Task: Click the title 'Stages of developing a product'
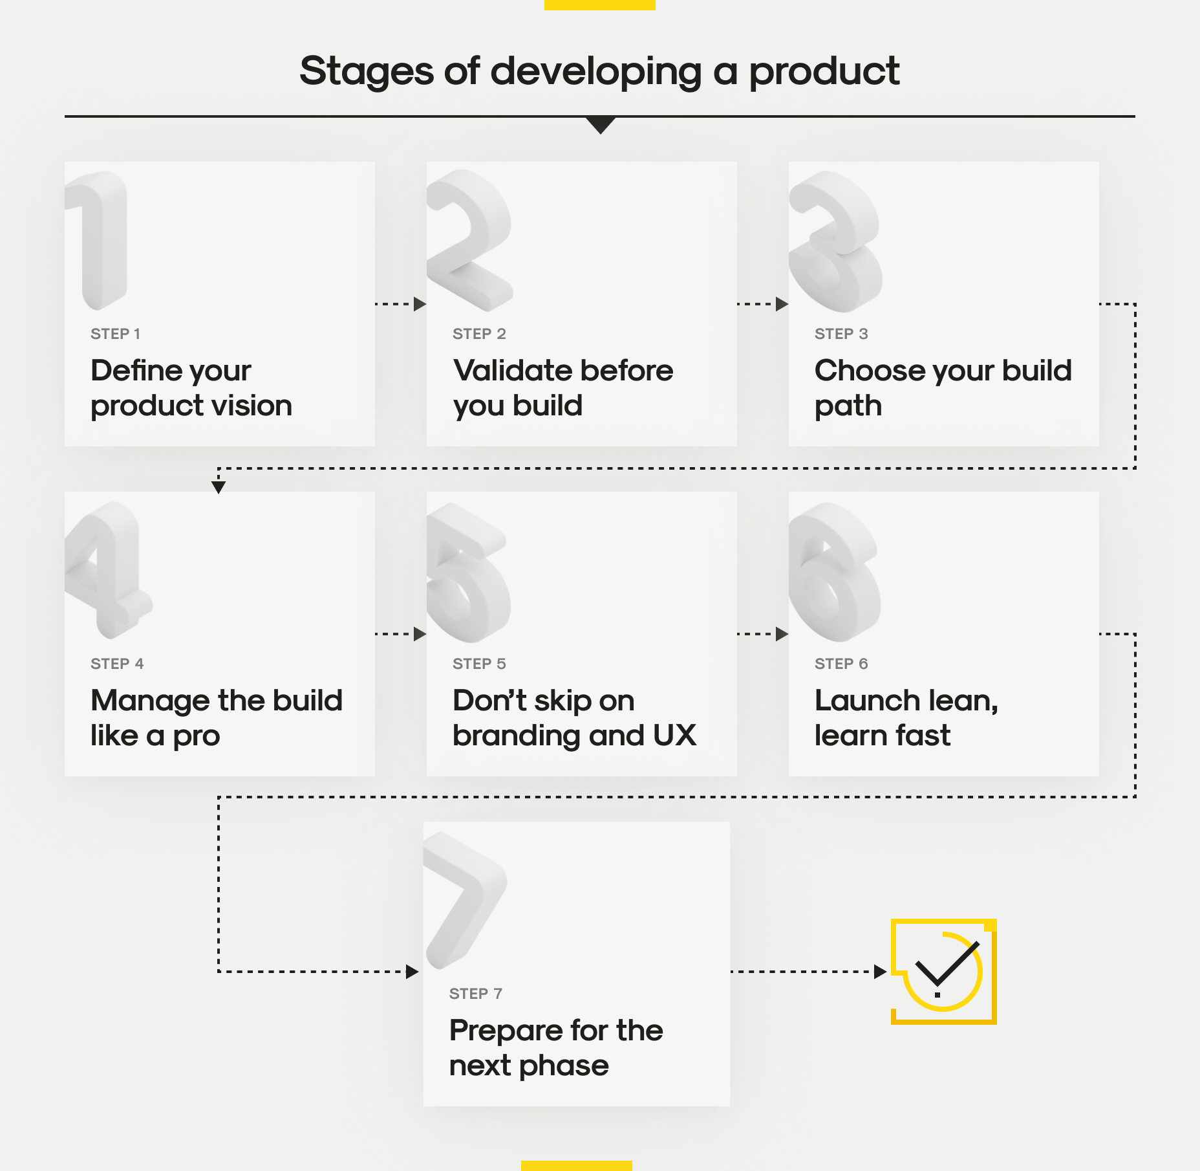pyautogui.click(x=599, y=71)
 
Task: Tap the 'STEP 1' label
pyautogui.click(x=115, y=334)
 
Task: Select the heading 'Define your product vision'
pyautogui.click(x=191, y=388)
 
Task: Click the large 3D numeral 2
pyautogui.click(x=469, y=239)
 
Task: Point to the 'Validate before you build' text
pyautogui.click(x=563, y=388)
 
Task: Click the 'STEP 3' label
pyautogui.click(x=841, y=334)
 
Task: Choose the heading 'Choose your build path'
pyautogui.click(x=943, y=388)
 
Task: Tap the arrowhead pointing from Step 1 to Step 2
pyautogui.click(x=420, y=304)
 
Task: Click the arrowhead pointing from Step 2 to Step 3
pyautogui.click(x=782, y=304)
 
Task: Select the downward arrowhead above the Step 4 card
pyautogui.click(x=219, y=487)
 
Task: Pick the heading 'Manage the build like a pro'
pyautogui.click(x=217, y=718)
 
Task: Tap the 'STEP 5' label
pyautogui.click(x=479, y=664)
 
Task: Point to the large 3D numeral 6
pyautogui.click(x=834, y=573)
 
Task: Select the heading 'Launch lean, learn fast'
pyautogui.click(x=906, y=718)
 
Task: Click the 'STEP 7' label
pyautogui.click(x=476, y=994)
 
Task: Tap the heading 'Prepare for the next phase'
pyautogui.click(x=556, y=1048)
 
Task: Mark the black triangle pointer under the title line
pyautogui.click(x=601, y=125)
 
